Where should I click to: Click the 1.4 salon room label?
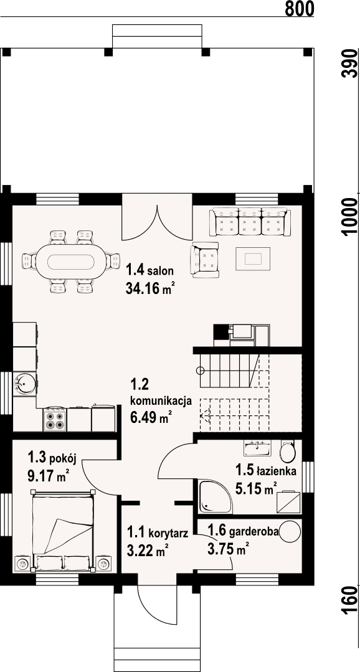tap(149, 270)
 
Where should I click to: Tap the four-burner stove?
tap(55, 420)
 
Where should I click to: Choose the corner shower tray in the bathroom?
tap(215, 496)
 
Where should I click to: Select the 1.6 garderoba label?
tap(243, 532)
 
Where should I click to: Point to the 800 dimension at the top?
tap(299, 9)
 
